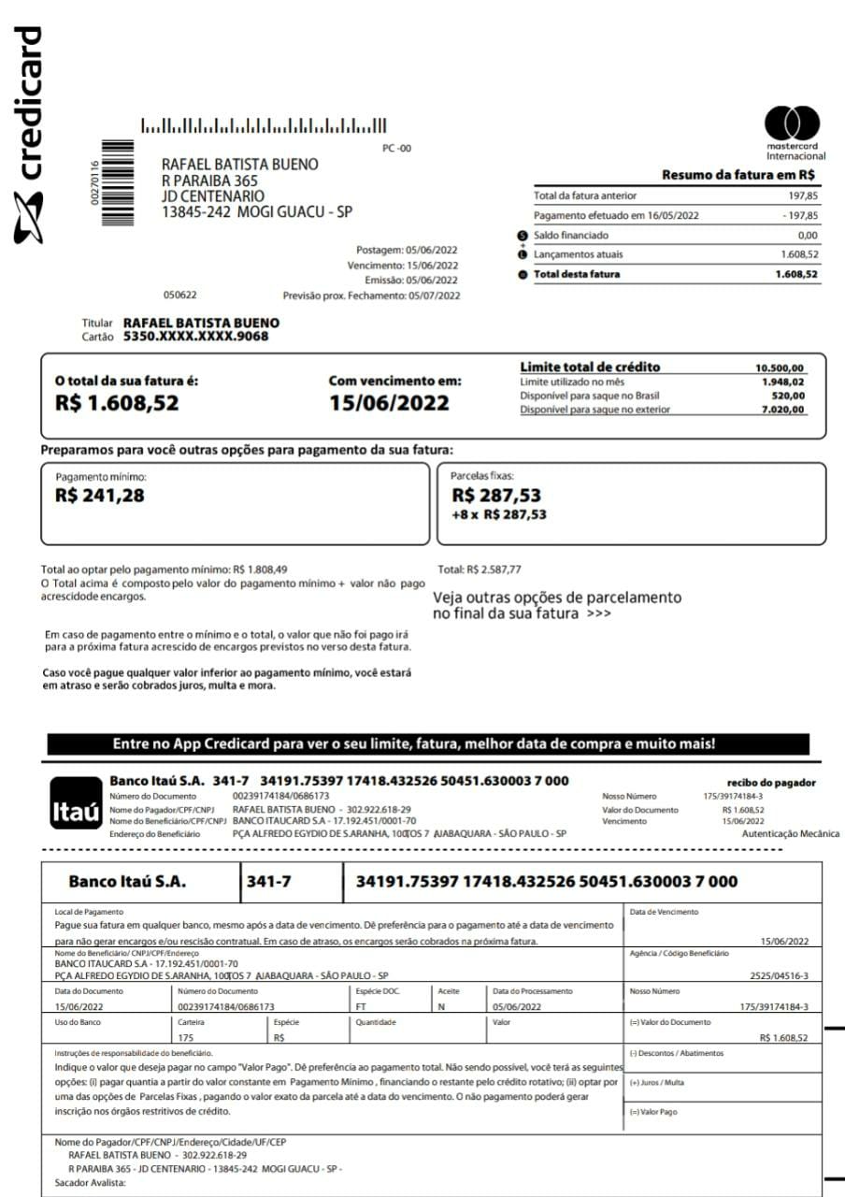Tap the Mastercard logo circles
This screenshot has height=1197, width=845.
pyautogui.click(x=792, y=123)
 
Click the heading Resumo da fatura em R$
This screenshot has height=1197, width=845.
pyautogui.click(x=738, y=175)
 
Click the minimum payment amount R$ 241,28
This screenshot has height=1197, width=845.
pyautogui.click(x=100, y=496)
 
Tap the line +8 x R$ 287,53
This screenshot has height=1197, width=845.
pyautogui.click(x=499, y=514)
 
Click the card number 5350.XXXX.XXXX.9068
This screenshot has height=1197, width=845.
pyautogui.click(x=195, y=337)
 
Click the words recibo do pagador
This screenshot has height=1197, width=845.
pyautogui.click(x=771, y=783)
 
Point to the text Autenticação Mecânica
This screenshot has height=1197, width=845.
pyautogui.click(x=790, y=834)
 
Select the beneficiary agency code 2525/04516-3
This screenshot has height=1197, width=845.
pyautogui.click(x=779, y=975)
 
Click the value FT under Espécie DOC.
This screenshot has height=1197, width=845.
pyautogui.click(x=362, y=1007)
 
